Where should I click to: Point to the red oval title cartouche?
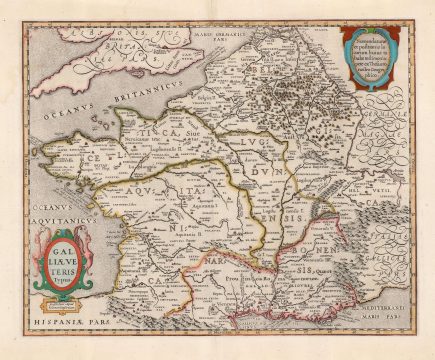(x=56, y=261)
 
